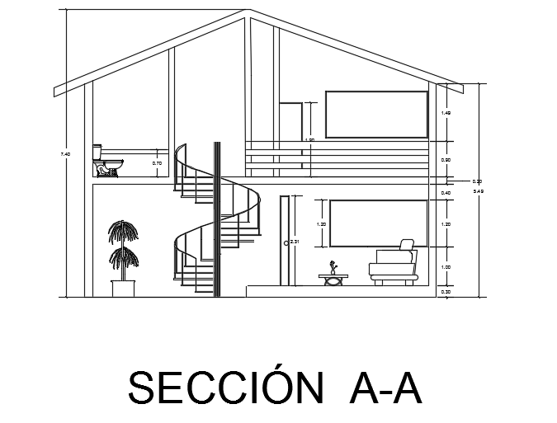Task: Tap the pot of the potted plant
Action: pos(124,288)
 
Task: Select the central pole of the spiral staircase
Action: pos(217,219)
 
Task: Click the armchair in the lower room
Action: pos(394,266)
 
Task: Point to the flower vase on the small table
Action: pos(333,268)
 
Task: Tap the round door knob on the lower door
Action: pos(286,243)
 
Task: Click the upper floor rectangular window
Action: pos(376,115)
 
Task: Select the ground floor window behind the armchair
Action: pos(378,223)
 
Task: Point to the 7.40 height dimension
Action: pos(66,154)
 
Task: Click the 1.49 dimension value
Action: pos(446,113)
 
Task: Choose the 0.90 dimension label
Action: pos(446,160)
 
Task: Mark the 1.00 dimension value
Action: pos(446,267)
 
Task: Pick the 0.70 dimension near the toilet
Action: pos(158,163)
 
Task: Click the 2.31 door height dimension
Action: pos(295,241)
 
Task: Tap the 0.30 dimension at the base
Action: pos(446,292)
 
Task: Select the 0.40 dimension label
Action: pos(446,193)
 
